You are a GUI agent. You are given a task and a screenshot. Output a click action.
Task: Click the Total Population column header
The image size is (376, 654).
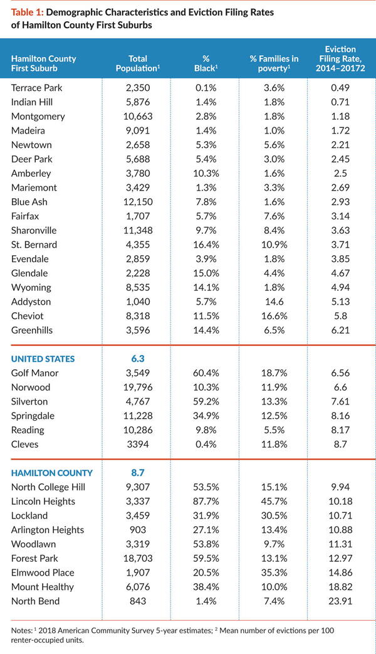click(x=138, y=63)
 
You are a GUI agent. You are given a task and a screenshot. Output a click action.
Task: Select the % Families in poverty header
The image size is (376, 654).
click(x=274, y=63)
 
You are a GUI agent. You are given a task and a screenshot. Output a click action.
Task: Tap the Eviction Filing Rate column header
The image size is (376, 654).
click(x=340, y=58)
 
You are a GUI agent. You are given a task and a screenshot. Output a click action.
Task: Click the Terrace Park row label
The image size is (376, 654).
click(x=37, y=88)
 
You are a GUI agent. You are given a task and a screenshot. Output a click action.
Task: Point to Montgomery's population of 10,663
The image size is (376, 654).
click(x=138, y=117)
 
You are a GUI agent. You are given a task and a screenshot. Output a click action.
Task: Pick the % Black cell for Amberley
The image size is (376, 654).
click(x=206, y=173)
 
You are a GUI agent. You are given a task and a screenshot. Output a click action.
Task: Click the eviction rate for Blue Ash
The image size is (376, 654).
click(x=340, y=202)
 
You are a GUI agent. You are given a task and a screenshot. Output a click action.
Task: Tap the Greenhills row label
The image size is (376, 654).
click(x=32, y=330)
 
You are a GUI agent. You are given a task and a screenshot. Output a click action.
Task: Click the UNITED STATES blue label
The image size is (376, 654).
click(x=43, y=359)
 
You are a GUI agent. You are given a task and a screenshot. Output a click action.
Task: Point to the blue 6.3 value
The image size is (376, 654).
click(x=138, y=359)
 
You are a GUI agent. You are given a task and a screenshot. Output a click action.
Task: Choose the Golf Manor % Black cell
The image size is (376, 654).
click(x=206, y=373)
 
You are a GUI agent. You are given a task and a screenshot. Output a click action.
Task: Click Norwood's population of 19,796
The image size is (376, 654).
click(x=138, y=387)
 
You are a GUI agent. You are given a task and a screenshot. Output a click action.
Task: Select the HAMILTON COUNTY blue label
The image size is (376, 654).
click(x=52, y=473)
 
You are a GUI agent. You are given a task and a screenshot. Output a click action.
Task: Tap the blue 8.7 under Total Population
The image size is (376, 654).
click(x=138, y=473)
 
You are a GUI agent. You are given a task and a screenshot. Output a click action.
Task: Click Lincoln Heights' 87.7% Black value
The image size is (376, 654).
click(x=206, y=502)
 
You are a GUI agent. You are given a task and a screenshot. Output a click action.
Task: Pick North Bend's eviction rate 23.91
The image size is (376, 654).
click(x=340, y=601)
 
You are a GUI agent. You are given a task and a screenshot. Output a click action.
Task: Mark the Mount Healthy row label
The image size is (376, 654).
click(x=43, y=587)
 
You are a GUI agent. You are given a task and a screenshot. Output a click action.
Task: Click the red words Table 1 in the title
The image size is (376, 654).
click(x=27, y=13)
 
